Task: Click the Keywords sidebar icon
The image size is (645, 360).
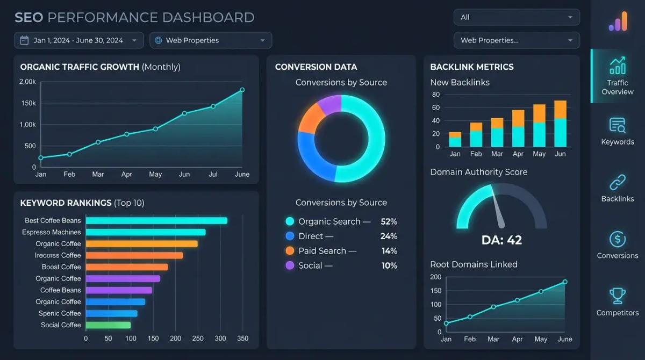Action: pyautogui.click(x=617, y=125)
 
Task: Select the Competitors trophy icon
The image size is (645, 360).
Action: pyautogui.click(x=617, y=296)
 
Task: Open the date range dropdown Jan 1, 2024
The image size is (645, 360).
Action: pyautogui.click(x=79, y=40)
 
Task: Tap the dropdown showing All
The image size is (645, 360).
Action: pyautogui.click(x=516, y=17)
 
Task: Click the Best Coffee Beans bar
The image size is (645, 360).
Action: pyautogui.click(x=156, y=220)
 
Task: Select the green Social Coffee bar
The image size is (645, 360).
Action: pyautogui.click(x=108, y=325)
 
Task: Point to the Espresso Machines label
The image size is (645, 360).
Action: pyautogui.click(x=52, y=232)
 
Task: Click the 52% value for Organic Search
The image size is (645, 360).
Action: pyautogui.click(x=388, y=221)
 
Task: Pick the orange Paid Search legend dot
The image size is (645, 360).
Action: pyautogui.click(x=290, y=250)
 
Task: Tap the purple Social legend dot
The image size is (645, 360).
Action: pyautogui.click(x=290, y=265)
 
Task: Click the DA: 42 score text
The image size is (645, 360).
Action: pyautogui.click(x=501, y=240)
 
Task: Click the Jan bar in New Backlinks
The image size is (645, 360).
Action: pyautogui.click(x=455, y=139)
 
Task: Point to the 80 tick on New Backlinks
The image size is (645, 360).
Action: pyautogui.click(x=435, y=95)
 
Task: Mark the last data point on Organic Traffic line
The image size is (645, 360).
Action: pyautogui.click(x=242, y=90)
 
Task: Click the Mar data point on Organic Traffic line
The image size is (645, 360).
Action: pyautogui.click(x=98, y=142)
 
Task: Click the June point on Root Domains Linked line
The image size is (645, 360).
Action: pyautogui.click(x=565, y=282)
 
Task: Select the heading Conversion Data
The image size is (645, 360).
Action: pyautogui.click(x=316, y=67)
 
